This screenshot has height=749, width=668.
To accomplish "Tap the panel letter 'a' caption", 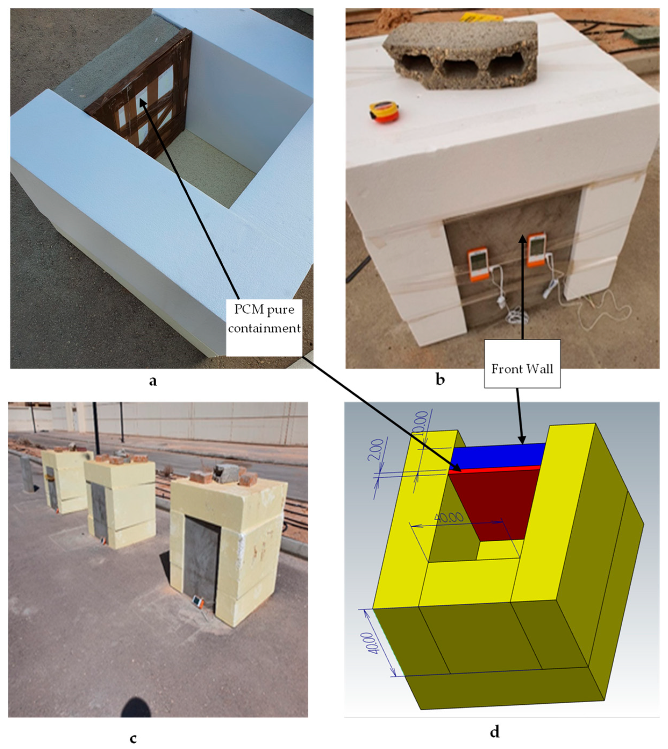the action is [x=153, y=381].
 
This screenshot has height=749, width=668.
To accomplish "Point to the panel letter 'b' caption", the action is [x=440, y=380].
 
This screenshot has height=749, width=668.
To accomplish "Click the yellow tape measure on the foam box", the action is [x=384, y=112].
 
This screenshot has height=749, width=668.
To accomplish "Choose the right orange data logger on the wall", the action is [x=537, y=249].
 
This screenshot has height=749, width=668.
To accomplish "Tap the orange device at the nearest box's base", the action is [x=198, y=602].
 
